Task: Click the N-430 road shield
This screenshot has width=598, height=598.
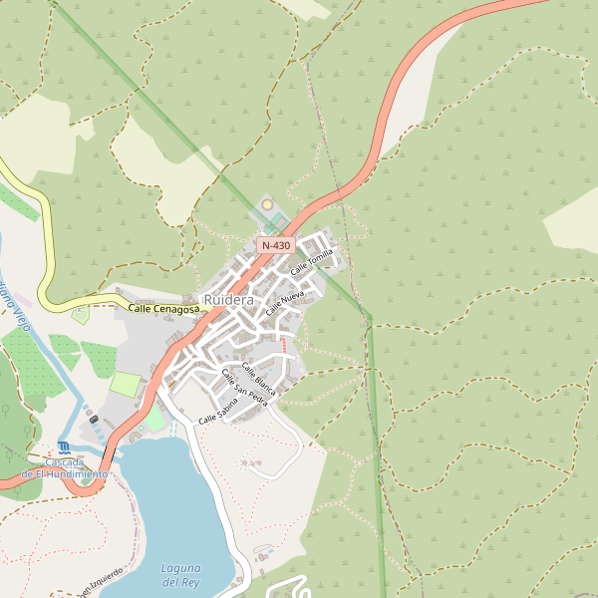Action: [275, 245]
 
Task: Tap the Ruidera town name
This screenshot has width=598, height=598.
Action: [228, 300]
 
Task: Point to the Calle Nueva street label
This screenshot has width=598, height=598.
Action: [285, 304]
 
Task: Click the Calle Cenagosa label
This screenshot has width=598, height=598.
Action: [163, 310]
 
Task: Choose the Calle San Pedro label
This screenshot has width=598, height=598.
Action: [245, 388]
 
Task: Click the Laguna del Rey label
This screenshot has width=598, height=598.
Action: [181, 574]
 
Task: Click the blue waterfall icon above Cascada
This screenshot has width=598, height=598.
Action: [64, 447]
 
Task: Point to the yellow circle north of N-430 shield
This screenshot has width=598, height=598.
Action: [267, 205]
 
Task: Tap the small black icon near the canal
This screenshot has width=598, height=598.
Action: [94, 420]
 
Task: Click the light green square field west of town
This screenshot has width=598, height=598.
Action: [126, 384]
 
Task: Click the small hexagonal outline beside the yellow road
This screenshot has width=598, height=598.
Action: [81, 315]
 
